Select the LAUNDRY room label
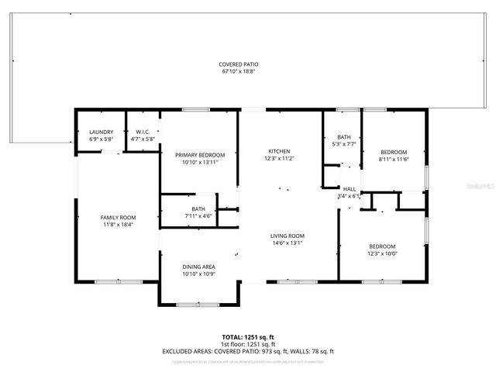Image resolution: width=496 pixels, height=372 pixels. click(x=102, y=133)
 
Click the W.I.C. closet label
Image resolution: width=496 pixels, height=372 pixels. click(x=143, y=133)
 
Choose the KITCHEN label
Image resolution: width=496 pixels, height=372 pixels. click(x=279, y=150)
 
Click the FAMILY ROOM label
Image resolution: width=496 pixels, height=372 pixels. click(x=117, y=218)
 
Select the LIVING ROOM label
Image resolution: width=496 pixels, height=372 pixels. click(x=287, y=236)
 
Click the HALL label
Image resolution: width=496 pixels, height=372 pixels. click(x=350, y=189)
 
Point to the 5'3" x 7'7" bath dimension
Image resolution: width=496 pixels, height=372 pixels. click(x=343, y=144)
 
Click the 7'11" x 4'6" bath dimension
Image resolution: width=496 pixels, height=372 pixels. click(x=199, y=216)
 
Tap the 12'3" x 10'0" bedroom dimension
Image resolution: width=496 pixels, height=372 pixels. click(x=382, y=253)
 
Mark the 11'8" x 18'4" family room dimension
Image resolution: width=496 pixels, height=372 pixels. click(x=117, y=225)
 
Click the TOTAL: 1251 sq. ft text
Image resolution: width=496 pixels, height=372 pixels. click(x=248, y=337)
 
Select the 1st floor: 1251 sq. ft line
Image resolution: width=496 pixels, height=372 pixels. click(x=248, y=344)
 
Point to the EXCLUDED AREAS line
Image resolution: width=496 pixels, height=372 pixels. click(x=248, y=351)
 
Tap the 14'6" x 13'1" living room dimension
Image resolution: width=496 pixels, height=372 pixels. click(x=287, y=243)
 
